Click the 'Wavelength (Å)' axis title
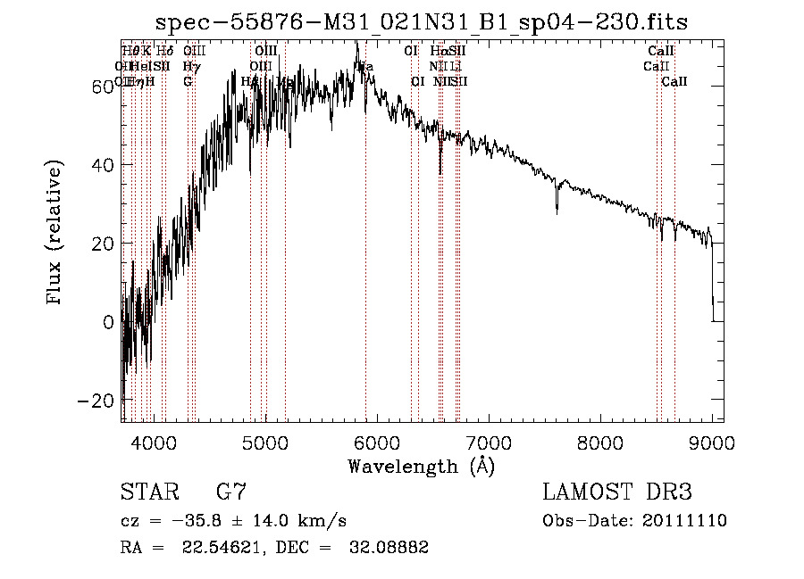(x=421, y=466)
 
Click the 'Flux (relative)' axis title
(x=55, y=234)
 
